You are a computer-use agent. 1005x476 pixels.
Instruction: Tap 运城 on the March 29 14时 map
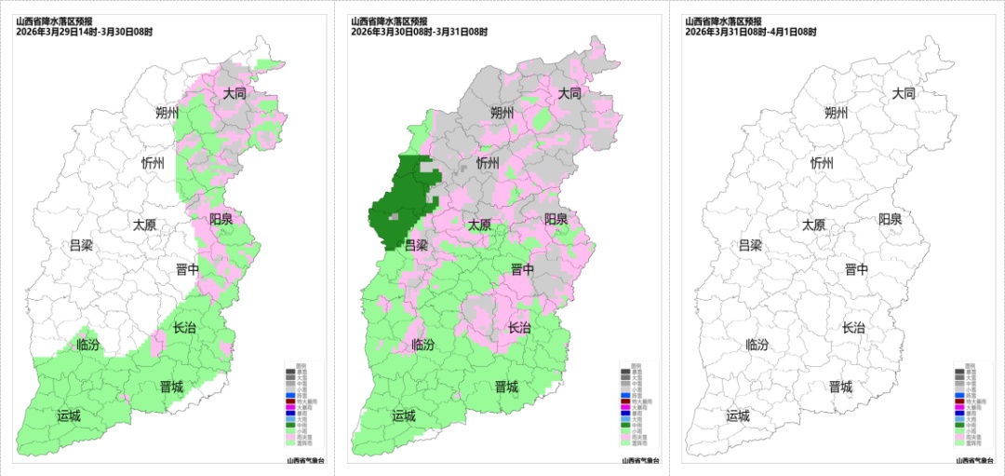(x=69, y=415)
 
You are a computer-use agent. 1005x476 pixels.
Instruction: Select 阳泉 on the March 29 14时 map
(x=221, y=220)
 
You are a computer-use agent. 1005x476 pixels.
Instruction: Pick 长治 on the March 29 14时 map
(x=184, y=327)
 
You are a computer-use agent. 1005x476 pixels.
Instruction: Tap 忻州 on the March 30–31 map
(x=488, y=162)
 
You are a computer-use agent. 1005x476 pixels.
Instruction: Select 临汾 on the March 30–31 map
(x=422, y=344)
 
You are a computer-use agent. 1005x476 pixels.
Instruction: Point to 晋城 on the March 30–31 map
(x=506, y=387)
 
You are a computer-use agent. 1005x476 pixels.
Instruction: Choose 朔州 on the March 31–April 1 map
(x=836, y=113)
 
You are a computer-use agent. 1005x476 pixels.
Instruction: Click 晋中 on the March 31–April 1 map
(x=856, y=269)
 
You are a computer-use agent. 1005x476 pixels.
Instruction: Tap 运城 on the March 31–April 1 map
(x=738, y=415)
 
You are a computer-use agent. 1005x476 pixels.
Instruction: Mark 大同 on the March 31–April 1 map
(x=904, y=93)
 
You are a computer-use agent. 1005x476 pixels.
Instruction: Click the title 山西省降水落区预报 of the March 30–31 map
(x=388, y=21)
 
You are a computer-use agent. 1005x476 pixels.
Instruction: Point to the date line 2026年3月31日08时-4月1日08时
(x=750, y=32)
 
